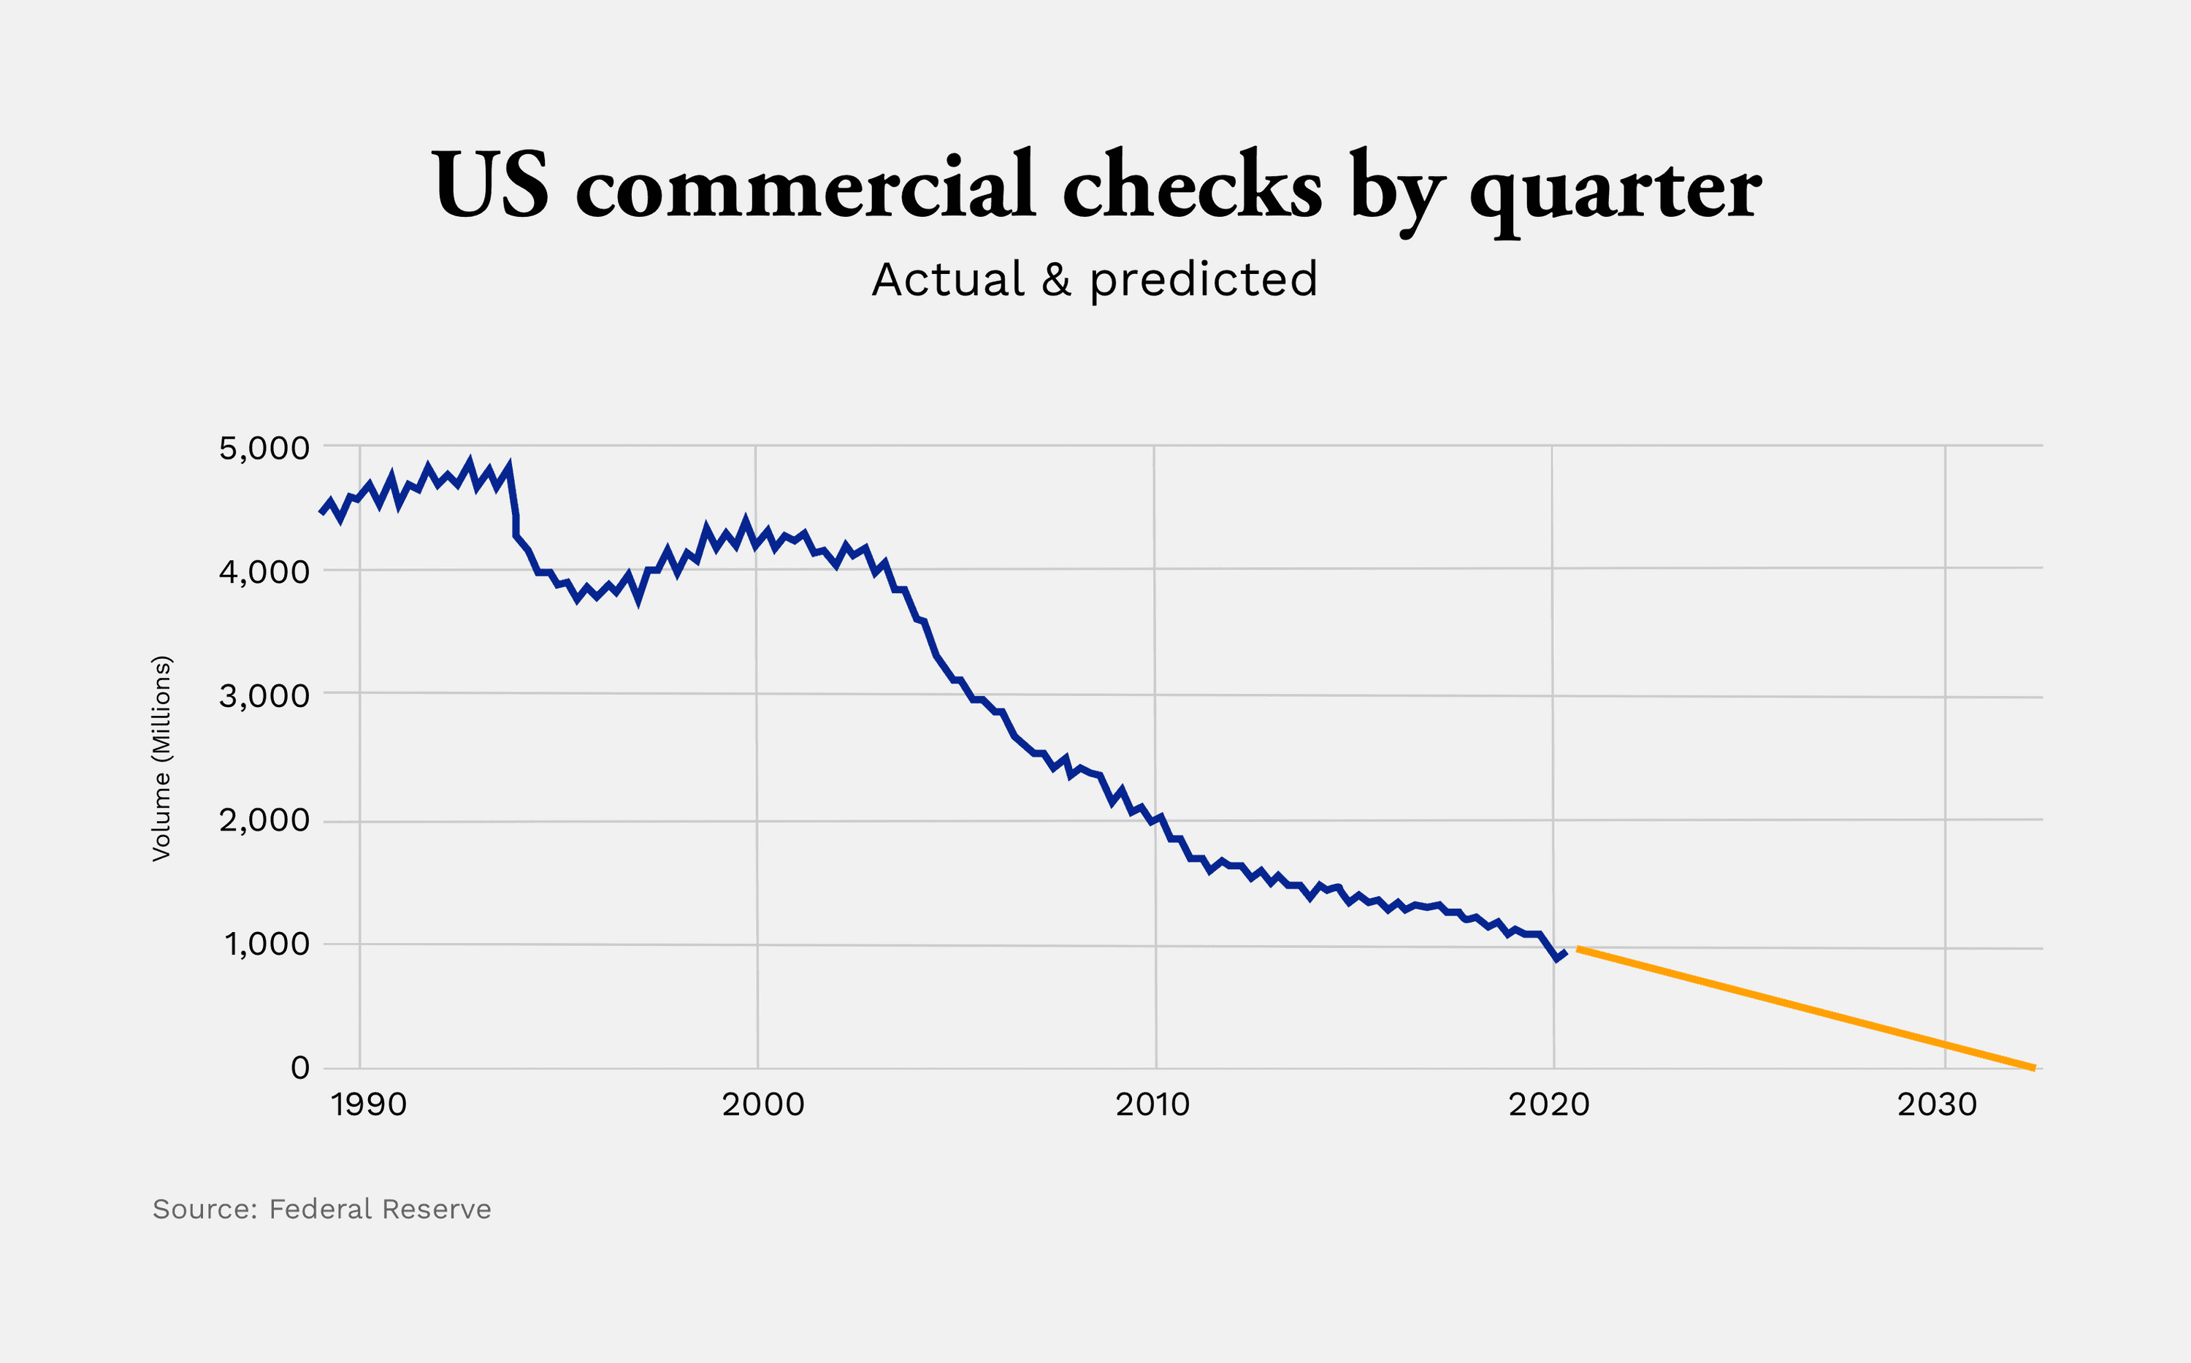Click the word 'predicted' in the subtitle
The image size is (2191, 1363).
click(x=1203, y=280)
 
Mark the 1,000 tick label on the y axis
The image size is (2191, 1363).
click(x=267, y=944)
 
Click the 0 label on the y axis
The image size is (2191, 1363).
click(x=300, y=1068)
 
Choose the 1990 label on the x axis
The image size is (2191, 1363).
click(x=369, y=1105)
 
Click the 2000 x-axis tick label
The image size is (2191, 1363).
click(x=762, y=1105)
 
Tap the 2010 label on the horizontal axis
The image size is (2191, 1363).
click(x=1152, y=1105)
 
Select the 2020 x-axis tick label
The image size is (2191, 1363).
click(x=1549, y=1105)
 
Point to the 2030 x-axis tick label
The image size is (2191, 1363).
click(x=1937, y=1105)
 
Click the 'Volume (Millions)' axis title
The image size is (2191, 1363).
click(x=161, y=758)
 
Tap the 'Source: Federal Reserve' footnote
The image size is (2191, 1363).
click(x=322, y=1209)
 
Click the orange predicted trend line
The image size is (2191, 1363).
click(x=1802, y=1008)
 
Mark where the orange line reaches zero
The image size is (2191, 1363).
click(x=2033, y=1067)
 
